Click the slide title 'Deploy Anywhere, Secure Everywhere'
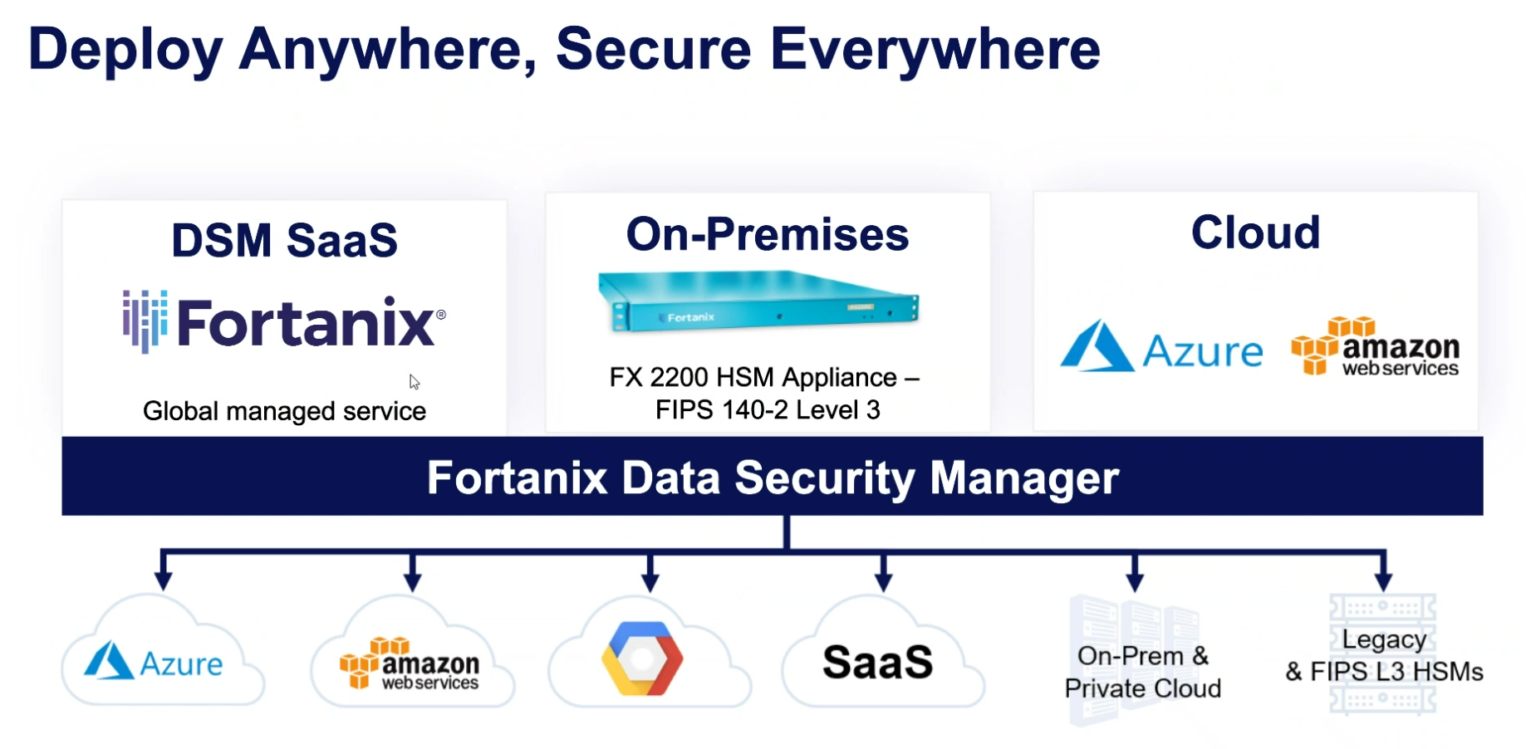[564, 50]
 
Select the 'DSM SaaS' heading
[284, 241]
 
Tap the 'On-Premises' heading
[767, 235]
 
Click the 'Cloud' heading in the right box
[1255, 233]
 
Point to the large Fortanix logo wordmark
[285, 322]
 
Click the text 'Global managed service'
[284, 411]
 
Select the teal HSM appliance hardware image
[758, 303]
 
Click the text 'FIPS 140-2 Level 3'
[767, 410]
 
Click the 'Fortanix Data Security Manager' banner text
[773, 477]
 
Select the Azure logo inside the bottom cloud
[155, 662]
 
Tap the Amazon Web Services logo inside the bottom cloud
[410, 663]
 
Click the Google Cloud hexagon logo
[642, 658]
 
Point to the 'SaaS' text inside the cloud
[877, 663]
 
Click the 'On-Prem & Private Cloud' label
[1142, 672]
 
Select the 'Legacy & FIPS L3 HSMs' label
[1384, 655]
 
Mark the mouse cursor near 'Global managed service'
[414, 382]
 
